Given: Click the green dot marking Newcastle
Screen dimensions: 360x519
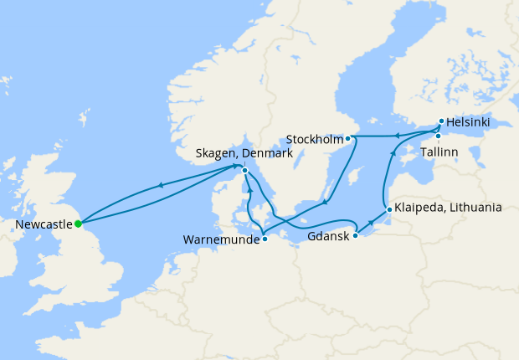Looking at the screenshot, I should [x=78, y=224].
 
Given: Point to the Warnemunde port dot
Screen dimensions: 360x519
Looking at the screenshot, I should [x=265, y=238].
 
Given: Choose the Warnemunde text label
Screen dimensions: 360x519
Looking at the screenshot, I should [x=220, y=239].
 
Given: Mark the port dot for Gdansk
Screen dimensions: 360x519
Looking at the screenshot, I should [x=355, y=235].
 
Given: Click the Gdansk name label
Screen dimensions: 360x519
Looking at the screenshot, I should [x=327, y=237].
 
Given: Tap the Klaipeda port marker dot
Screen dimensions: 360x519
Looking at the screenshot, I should [x=388, y=209].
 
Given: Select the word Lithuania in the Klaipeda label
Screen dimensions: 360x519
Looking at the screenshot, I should [x=474, y=208].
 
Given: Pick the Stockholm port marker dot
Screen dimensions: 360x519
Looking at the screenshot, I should [x=347, y=137].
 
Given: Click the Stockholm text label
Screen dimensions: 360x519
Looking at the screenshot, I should [x=314, y=138].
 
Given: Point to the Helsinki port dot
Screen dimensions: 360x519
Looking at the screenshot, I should [x=441, y=121].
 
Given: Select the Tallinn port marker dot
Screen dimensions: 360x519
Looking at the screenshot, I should [x=437, y=136].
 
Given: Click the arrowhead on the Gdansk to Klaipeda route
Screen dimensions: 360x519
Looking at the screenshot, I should [x=371, y=223].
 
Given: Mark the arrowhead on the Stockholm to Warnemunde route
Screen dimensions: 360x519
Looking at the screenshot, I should [x=325, y=201].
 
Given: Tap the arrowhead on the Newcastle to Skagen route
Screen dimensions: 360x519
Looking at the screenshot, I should [x=159, y=185].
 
